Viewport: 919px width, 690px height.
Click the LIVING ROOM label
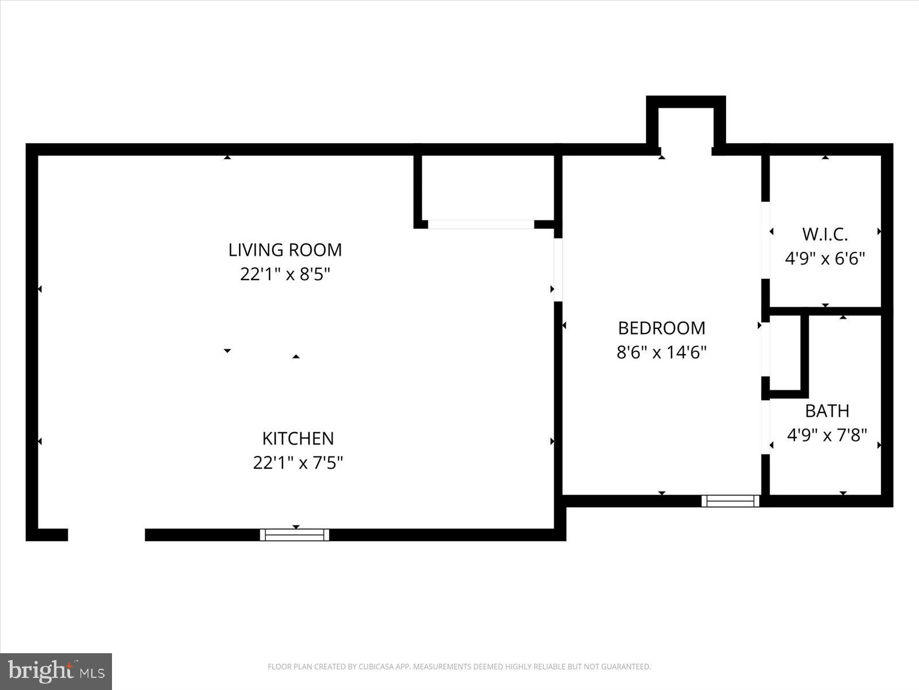coord(285,250)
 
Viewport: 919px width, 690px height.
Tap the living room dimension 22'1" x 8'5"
coord(285,274)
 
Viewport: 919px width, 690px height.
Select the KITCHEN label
coord(298,438)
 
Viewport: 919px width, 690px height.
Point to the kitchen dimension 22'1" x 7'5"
coord(298,462)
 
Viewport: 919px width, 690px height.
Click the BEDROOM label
coord(661,328)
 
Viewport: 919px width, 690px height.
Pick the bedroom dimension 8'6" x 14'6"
coord(661,352)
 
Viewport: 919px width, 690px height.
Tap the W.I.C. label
coord(825,234)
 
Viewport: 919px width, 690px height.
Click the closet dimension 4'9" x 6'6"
coord(825,258)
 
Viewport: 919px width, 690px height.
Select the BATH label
coord(827,411)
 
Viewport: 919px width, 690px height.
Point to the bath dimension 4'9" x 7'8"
coord(827,435)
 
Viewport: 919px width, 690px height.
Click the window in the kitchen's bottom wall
coord(295,535)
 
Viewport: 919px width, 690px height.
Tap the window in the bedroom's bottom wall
coord(731,501)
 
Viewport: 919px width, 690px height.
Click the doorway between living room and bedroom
coord(558,270)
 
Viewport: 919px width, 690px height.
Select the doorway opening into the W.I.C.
coord(765,240)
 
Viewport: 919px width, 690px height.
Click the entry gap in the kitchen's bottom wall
coord(106,535)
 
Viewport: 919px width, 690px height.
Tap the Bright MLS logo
coord(56,671)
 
